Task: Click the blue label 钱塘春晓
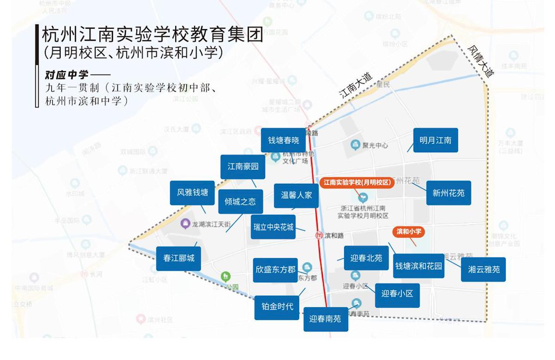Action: click(x=284, y=140)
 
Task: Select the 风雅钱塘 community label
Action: click(x=192, y=192)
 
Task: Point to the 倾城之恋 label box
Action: click(x=240, y=201)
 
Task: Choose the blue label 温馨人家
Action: click(x=296, y=195)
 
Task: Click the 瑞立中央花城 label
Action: click(x=273, y=227)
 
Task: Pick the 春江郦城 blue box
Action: click(x=179, y=258)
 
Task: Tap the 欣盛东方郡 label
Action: click(x=276, y=270)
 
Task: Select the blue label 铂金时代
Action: click(x=277, y=307)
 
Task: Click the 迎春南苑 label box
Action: click(x=325, y=319)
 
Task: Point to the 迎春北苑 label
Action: click(x=366, y=258)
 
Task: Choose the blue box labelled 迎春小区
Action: click(x=397, y=294)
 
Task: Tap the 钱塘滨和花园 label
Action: click(x=419, y=266)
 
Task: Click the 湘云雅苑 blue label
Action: click(x=484, y=269)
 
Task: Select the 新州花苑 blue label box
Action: click(x=449, y=193)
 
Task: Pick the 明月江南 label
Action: click(x=436, y=140)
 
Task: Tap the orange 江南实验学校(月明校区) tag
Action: click(x=356, y=183)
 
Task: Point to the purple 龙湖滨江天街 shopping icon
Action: click(x=185, y=224)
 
